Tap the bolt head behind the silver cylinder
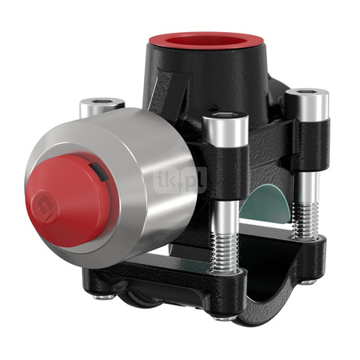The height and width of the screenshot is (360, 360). [x=102, y=105]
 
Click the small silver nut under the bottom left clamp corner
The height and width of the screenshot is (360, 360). [x=102, y=296]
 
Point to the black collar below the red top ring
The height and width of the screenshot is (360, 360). [x=216, y=76]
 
